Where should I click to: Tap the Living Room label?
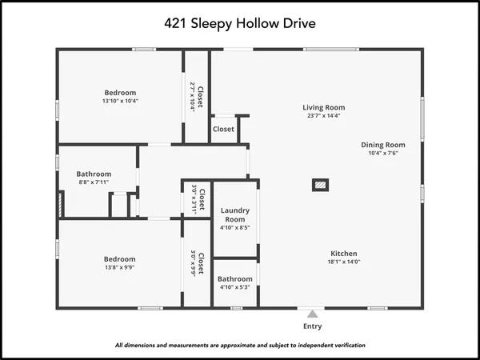323,107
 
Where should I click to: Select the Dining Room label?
383,145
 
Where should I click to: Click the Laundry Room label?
235,214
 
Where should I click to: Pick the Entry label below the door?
313,326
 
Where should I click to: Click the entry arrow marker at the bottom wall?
313,312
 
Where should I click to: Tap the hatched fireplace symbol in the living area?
319,185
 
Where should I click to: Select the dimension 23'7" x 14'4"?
323,117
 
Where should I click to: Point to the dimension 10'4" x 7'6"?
383,154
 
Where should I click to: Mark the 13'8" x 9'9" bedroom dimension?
119,269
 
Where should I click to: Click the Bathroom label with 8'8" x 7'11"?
94,174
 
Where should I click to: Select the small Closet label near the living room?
223,129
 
